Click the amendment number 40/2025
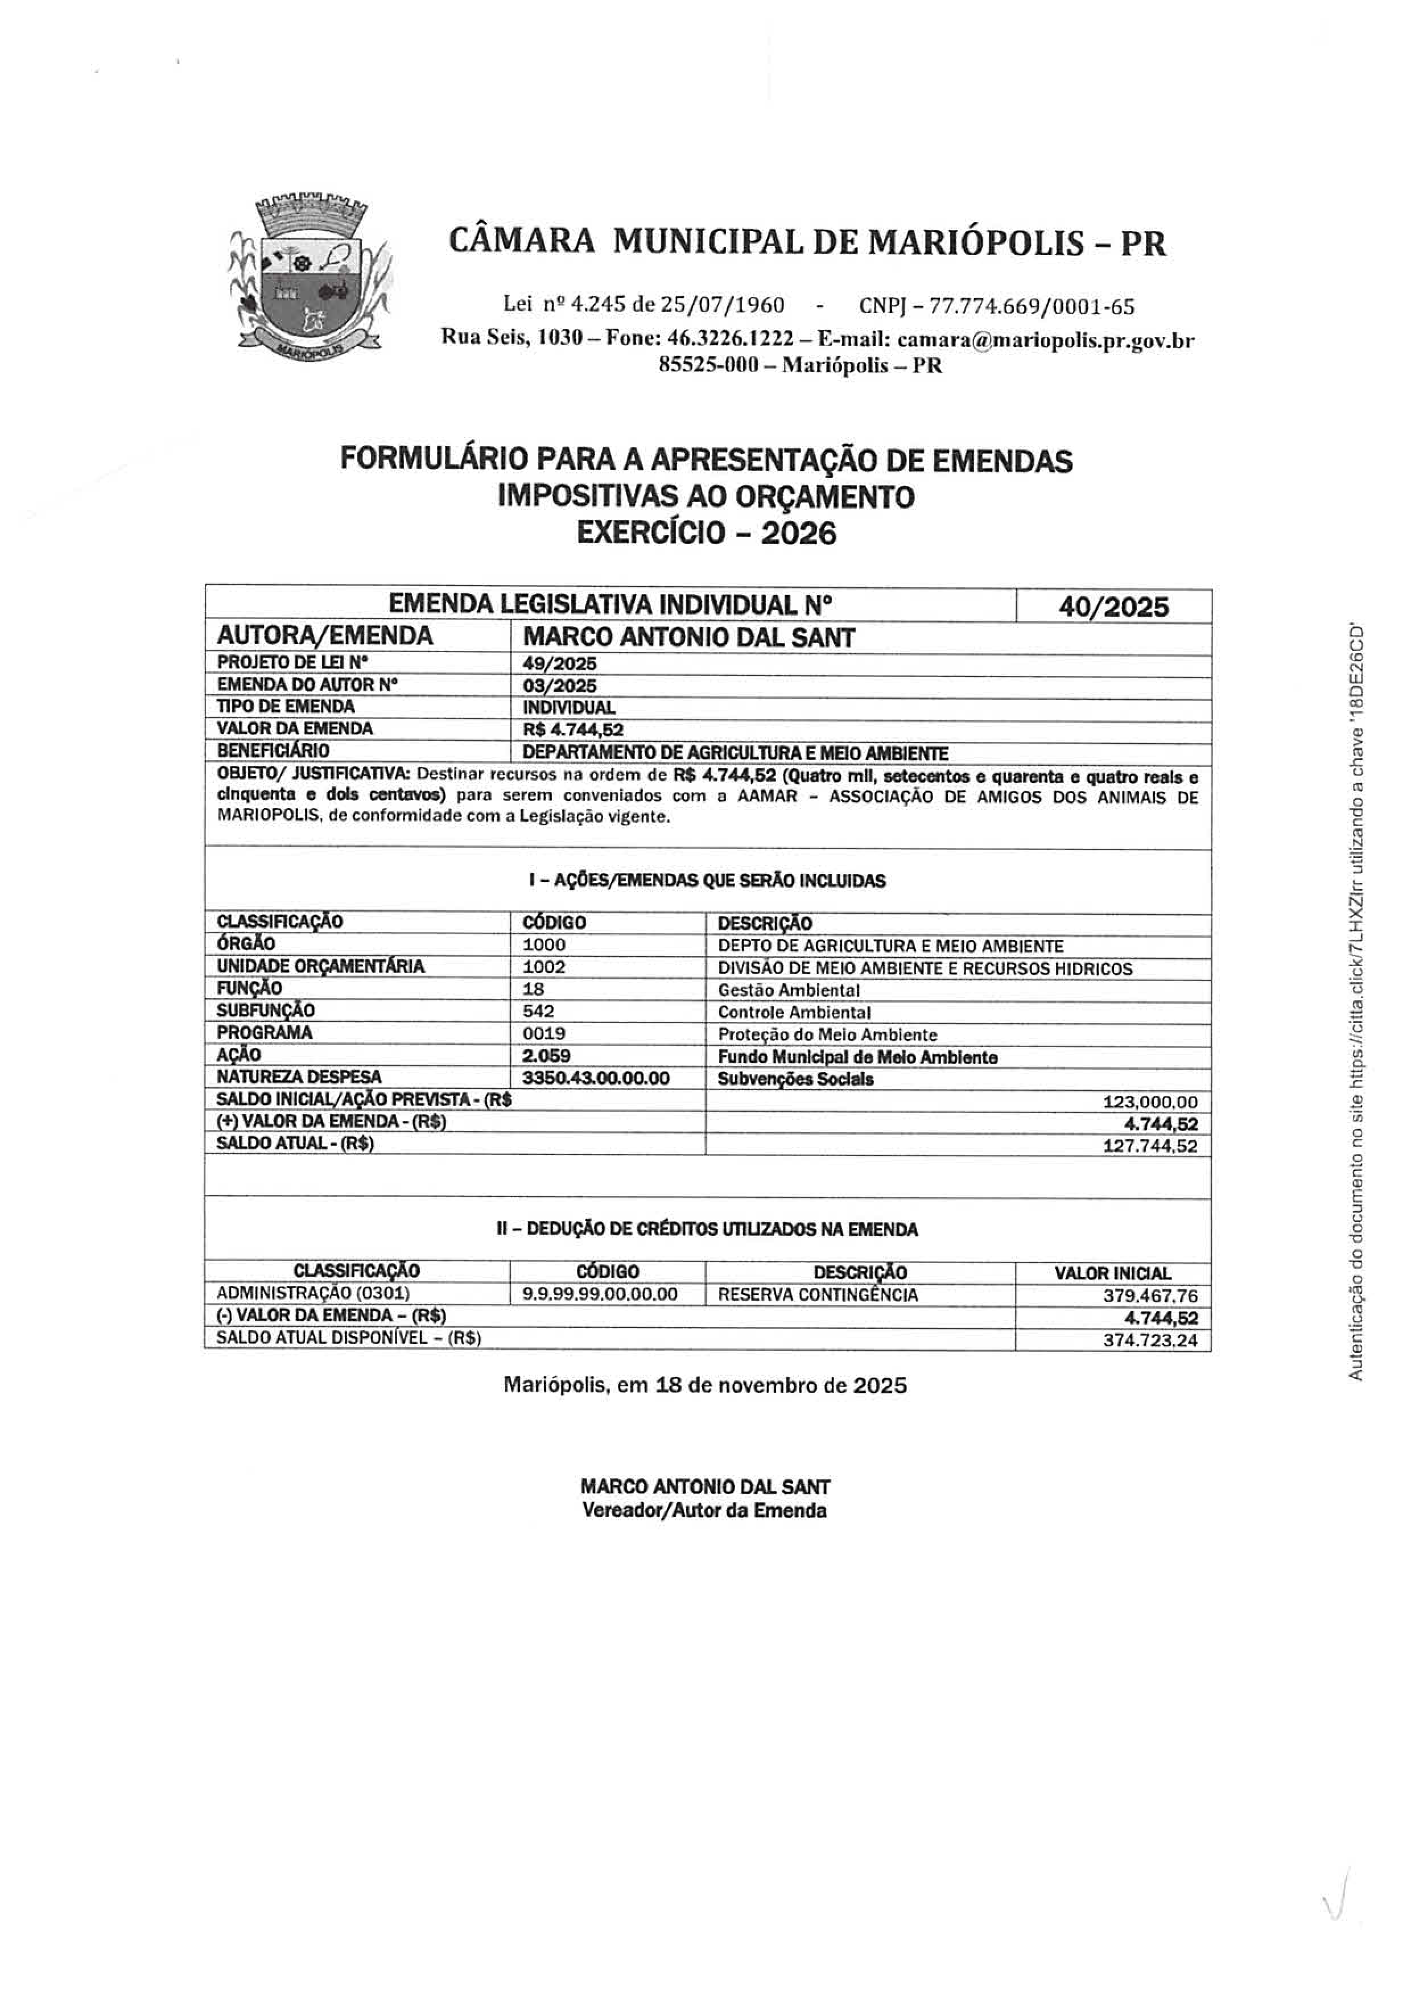coord(1113,607)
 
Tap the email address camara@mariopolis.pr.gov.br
coord(1046,339)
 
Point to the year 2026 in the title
coord(798,532)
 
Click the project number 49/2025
coord(560,664)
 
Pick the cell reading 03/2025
coord(560,686)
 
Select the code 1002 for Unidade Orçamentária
coord(544,967)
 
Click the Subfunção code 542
coord(539,1011)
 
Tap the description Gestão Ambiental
coord(789,990)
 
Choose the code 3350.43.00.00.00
coord(596,1078)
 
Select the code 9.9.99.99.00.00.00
coord(600,1294)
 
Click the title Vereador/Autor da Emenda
coord(704,1511)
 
